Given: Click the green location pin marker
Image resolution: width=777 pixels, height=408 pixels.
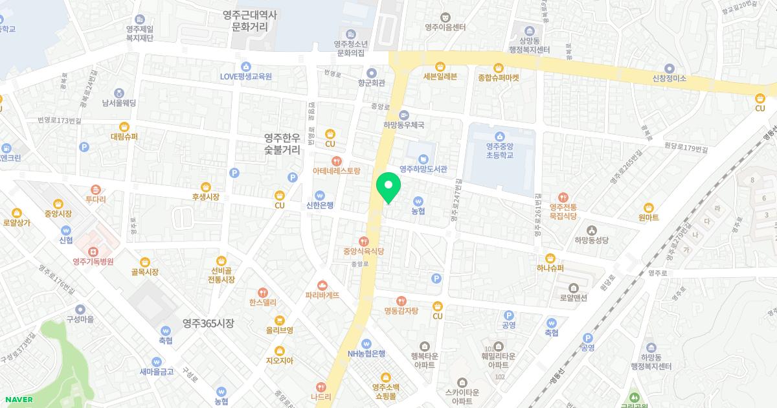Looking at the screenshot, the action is tap(388, 187).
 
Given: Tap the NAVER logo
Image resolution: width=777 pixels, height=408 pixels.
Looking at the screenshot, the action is tap(18, 400).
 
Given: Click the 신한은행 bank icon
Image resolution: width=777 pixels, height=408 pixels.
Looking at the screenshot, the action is tap(319, 195).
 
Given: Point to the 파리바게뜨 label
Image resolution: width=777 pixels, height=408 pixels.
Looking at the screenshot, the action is tap(322, 295).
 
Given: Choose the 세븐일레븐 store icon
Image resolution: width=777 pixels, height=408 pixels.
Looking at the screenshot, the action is tap(440, 66).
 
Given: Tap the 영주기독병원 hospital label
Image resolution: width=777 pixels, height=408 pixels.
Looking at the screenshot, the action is tap(93, 262).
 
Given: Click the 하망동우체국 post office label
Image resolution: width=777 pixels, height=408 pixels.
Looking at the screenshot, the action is tap(403, 125).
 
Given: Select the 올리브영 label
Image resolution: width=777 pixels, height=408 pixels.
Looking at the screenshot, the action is tap(280, 330).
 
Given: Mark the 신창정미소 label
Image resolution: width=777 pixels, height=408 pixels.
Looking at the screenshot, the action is tap(669, 78).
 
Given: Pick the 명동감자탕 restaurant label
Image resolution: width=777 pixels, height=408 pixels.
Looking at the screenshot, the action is tap(401, 311).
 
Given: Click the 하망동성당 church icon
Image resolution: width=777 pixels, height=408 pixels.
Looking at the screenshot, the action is tap(591, 230).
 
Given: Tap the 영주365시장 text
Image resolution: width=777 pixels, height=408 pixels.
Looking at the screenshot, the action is tap(208, 323).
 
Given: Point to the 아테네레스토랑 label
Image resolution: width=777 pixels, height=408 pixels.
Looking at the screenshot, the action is tap(336, 172).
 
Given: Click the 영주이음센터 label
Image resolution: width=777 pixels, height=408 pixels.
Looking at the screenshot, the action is tap(445, 27).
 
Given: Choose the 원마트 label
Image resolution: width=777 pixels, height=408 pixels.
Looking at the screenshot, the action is tap(648, 218).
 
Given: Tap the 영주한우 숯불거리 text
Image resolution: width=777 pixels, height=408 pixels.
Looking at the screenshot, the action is tap(282, 144).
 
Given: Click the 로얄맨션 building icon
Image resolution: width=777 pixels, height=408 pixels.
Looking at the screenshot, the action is tap(574, 288).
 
